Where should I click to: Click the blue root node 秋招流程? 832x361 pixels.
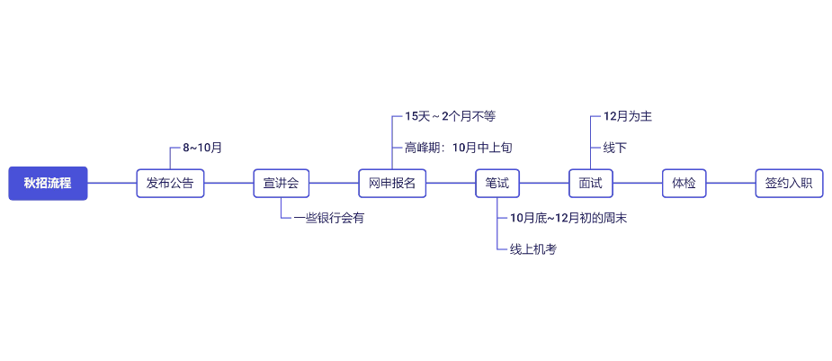coord(48,183)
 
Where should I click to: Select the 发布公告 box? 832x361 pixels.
coord(170,183)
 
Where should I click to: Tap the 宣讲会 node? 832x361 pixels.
coord(281,183)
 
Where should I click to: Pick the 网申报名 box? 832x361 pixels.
coord(392,183)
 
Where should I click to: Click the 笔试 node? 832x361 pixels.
coord(497,183)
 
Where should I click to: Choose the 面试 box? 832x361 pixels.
coord(591,183)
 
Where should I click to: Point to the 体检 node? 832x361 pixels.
coord(684,183)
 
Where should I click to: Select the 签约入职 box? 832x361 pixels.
coord(789,183)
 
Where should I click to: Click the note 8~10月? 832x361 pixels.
coord(202,147)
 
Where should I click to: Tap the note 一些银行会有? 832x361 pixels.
coord(328,218)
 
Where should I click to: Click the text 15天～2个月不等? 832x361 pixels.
coord(450,116)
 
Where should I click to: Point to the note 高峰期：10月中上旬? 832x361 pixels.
coord(458,147)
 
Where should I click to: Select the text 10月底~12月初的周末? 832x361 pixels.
coord(568,218)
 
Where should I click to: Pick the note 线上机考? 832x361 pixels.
coord(533,249)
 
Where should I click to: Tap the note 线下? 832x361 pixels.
coord(614,147)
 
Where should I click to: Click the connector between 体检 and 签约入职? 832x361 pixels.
coord(730,183)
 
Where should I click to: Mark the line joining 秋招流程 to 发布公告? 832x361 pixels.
coord(112,183)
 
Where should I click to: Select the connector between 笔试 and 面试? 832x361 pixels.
coord(544,183)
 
